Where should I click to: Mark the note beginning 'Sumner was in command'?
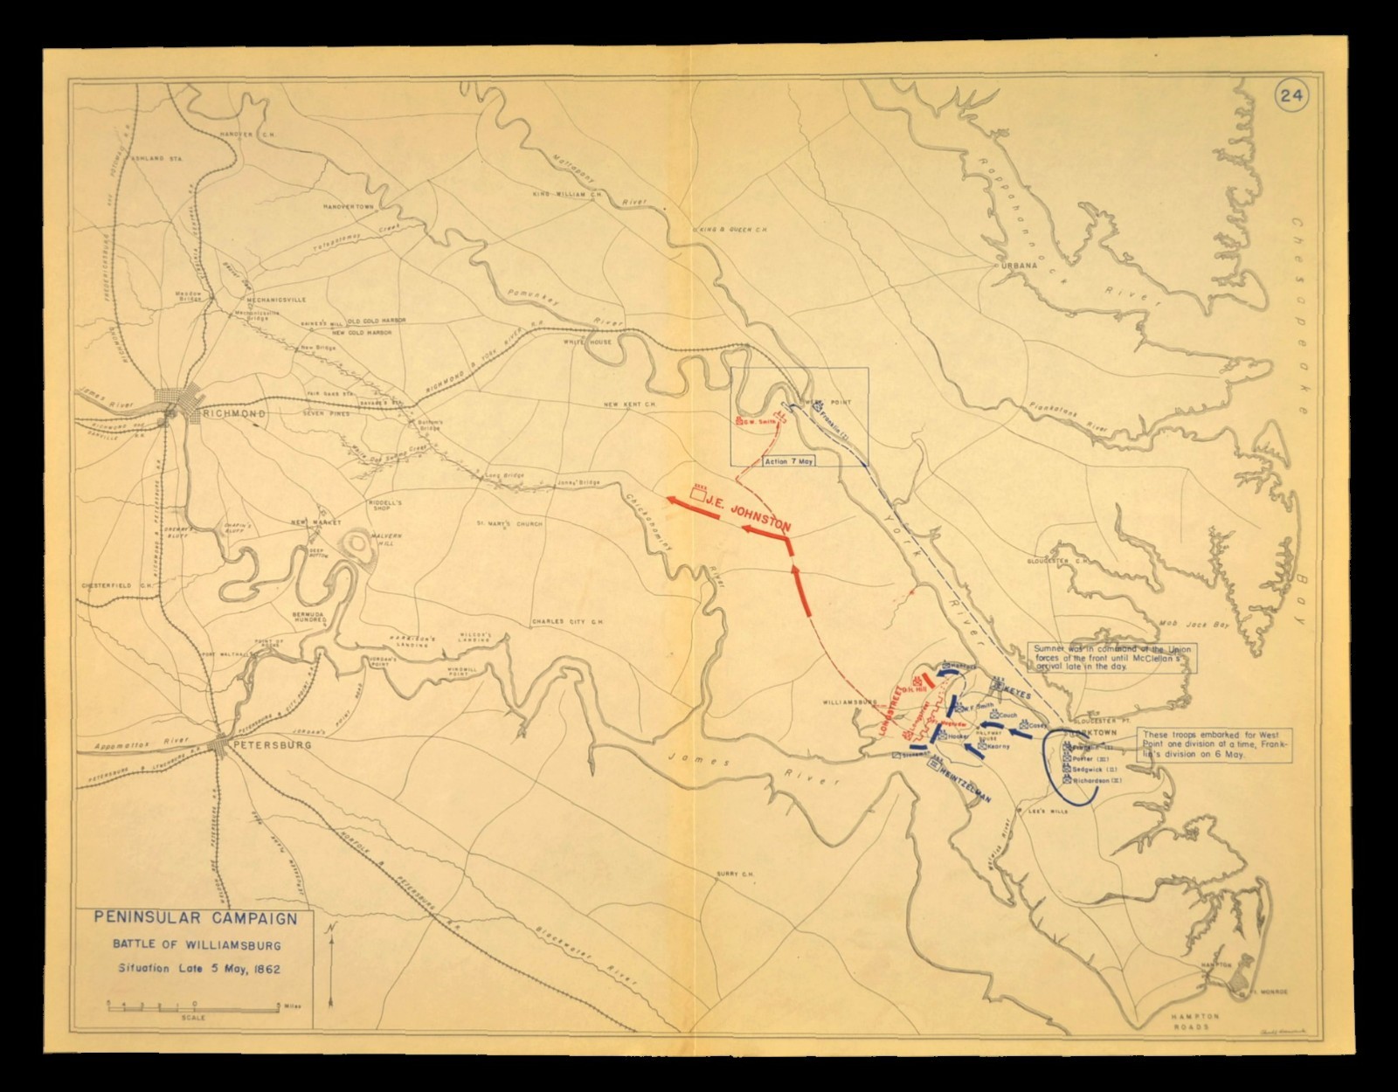coord(1112,657)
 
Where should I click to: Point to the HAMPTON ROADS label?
coord(1194,1022)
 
